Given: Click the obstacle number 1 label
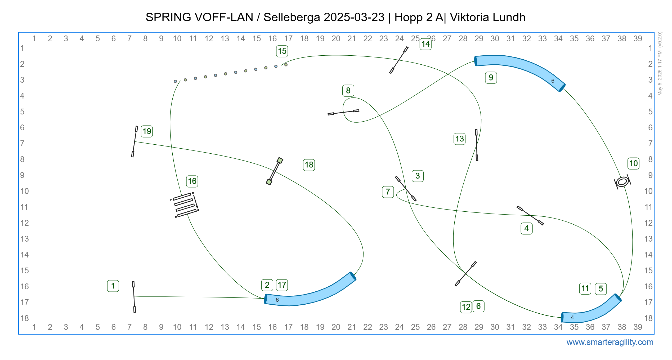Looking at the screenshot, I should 113,286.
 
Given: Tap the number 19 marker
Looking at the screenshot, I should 147,131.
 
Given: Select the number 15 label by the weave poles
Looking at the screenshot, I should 282,51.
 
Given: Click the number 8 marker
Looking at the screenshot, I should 348,91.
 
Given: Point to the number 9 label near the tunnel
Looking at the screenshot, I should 491,78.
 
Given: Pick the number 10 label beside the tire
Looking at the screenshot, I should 633,163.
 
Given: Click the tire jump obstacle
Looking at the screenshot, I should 622,182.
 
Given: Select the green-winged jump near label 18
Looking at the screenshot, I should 275,171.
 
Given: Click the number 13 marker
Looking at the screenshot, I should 459,139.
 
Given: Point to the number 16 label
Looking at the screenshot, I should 192,181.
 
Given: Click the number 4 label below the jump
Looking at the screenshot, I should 526,228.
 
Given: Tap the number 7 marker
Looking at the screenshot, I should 388,192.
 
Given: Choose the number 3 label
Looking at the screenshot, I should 418,176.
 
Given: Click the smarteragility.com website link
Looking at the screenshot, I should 610,342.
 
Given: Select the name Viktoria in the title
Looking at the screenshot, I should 468,17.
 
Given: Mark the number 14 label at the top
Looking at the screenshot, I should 425,44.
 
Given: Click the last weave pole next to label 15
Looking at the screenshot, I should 286,65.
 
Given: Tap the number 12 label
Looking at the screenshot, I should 466,307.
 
